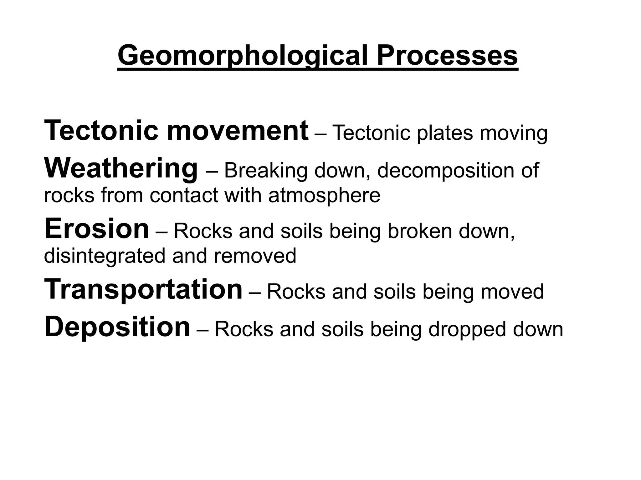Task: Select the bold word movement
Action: click(238, 131)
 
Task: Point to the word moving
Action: click(514, 133)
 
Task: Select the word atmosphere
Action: click(324, 196)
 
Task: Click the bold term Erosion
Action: click(97, 229)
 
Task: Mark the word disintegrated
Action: click(104, 256)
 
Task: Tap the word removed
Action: click(255, 256)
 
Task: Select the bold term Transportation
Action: click(143, 289)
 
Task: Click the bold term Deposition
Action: click(117, 327)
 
